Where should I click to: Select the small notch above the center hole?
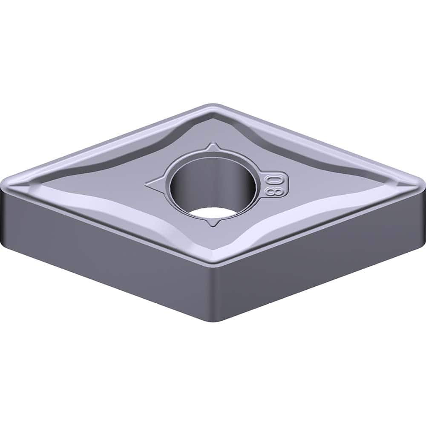[x=212, y=148]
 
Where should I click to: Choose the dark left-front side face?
[x=106, y=247]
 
